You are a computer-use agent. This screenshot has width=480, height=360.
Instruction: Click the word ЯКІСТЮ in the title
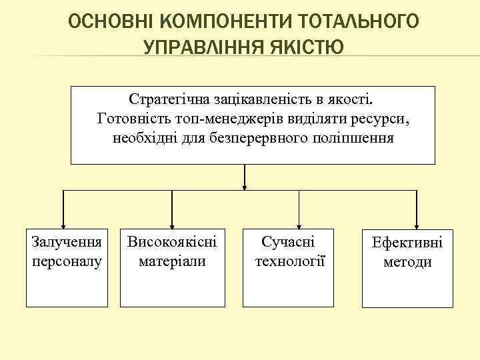click(x=303, y=47)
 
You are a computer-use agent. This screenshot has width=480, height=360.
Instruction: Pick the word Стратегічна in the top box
click(x=169, y=99)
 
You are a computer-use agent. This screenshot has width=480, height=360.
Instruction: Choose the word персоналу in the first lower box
click(x=67, y=260)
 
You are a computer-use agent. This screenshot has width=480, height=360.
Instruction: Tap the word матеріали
click(x=172, y=260)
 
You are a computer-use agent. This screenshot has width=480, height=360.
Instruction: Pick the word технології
click(x=289, y=260)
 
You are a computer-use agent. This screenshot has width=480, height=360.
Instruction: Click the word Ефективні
click(x=406, y=243)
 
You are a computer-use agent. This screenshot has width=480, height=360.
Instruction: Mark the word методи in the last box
click(x=406, y=262)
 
